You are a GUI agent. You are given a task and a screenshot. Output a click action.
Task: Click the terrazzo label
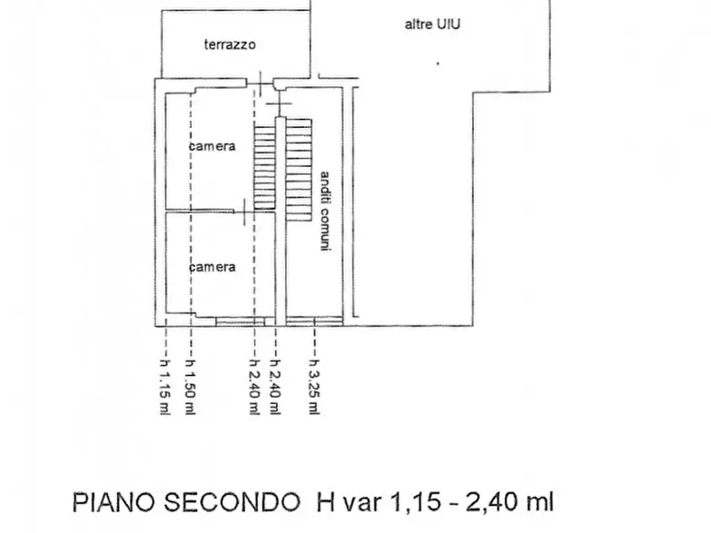(230, 45)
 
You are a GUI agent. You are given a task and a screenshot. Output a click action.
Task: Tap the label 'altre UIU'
(432, 24)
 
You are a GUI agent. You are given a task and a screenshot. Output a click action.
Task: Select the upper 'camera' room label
(213, 146)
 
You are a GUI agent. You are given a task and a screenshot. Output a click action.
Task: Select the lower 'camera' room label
(213, 267)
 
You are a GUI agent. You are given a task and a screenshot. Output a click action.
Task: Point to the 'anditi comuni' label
(325, 211)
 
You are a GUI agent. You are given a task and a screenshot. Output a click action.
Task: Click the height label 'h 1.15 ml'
(165, 387)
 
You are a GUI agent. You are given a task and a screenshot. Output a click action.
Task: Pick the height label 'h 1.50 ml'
(190, 387)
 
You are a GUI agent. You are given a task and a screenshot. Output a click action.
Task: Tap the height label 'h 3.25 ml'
(314, 387)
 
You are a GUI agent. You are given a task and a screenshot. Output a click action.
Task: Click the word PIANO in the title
(114, 502)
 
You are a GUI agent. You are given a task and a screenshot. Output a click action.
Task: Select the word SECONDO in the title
(232, 502)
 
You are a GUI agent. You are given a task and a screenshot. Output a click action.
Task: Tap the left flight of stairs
(265, 167)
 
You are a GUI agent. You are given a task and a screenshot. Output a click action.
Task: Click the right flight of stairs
(299, 170)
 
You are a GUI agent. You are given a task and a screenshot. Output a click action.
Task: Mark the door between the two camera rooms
(245, 212)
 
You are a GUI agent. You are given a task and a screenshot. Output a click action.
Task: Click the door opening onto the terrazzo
(260, 84)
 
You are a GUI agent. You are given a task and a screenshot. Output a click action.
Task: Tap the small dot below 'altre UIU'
(438, 64)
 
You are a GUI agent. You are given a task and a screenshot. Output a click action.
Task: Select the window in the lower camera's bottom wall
(240, 322)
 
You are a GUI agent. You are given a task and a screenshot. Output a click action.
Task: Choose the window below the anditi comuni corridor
(314, 322)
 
